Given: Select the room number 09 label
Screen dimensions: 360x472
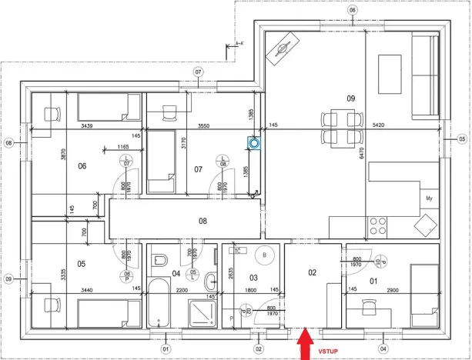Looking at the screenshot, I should pos(351,98).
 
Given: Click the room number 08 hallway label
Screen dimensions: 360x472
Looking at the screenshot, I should pos(203,221).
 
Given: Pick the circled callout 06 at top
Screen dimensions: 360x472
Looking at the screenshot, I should pos(353,10).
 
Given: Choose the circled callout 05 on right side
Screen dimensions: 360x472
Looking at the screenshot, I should pos(462,138).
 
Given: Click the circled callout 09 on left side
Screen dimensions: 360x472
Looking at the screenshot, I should pos(10,278).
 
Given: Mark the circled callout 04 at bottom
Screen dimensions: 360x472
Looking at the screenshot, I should pos(383,348).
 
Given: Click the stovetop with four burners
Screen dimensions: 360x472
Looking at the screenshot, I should pos(378,226).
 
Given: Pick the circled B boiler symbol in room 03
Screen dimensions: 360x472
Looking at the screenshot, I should pos(266,255).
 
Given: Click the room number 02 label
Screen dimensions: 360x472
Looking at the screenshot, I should pos(313,272).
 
